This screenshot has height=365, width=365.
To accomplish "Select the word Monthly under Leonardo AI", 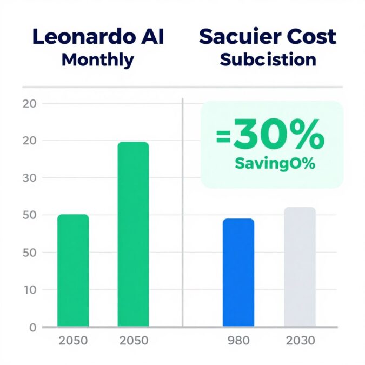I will [97, 59].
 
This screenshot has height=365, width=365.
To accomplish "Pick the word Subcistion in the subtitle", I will [268, 59].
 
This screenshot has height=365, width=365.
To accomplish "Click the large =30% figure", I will [270, 138].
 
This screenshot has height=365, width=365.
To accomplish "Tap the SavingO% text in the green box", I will [274, 164].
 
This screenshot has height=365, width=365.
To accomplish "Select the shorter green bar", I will [73, 270].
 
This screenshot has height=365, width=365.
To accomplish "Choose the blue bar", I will [238, 273].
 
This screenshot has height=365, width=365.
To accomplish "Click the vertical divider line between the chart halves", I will [183, 216].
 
